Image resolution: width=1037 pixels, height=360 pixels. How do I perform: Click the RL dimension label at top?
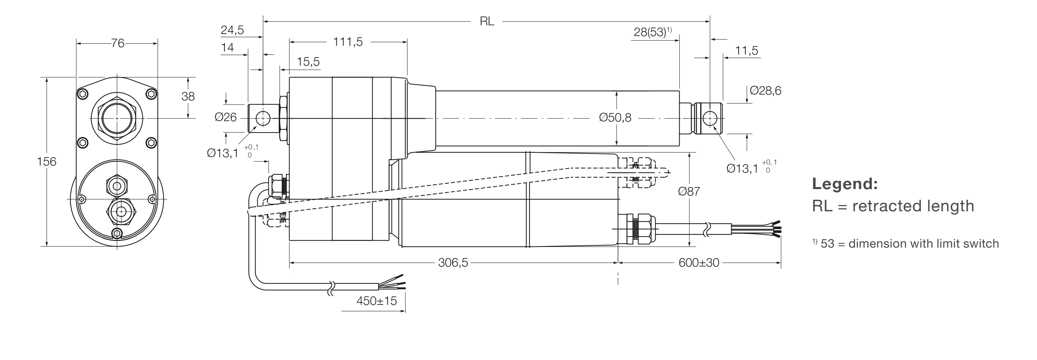487,21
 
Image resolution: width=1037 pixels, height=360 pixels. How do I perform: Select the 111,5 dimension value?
348,42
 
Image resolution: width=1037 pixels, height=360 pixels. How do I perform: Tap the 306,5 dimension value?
453,262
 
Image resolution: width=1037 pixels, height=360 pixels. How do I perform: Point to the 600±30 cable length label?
698,262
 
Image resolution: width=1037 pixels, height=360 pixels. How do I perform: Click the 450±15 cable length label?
376,301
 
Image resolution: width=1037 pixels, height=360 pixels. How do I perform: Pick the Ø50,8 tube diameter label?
615,117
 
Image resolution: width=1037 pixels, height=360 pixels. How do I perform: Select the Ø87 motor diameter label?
689,191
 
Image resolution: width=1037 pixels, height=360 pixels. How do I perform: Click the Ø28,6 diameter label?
765,91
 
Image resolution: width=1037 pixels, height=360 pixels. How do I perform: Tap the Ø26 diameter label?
225,117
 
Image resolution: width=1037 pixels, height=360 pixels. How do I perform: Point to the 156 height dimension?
46,161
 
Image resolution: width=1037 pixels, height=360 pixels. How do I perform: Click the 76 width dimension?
118,43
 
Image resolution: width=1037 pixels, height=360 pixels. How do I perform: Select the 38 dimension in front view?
188,96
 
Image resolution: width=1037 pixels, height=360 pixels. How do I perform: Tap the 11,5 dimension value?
746,51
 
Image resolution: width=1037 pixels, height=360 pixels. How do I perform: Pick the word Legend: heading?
845,184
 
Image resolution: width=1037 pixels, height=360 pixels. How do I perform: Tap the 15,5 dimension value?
308,62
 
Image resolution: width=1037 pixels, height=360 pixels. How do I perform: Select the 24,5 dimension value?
232,30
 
